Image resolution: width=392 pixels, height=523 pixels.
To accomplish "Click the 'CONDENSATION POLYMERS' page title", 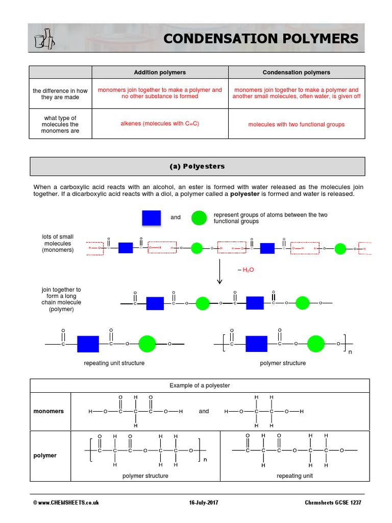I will coord(261,38).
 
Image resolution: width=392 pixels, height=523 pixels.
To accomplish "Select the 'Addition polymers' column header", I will coord(160,73).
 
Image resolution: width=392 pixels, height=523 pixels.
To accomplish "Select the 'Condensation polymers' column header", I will coord(296,73).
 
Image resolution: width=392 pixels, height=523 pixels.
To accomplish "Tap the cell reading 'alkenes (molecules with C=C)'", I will coord(160,124).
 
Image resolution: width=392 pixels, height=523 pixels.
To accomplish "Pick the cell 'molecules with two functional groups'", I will coord(296,124).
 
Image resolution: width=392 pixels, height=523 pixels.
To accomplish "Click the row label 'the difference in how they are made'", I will coord(60,94).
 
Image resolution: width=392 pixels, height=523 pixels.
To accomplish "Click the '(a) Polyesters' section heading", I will coord(197,167).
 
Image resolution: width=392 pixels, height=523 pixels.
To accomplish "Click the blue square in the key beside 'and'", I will coord(151,218).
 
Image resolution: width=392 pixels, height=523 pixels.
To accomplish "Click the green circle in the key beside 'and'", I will coord(199,218).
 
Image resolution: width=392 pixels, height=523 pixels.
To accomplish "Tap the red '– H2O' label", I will coord(246,270).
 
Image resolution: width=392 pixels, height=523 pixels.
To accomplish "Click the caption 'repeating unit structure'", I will coord(114,363).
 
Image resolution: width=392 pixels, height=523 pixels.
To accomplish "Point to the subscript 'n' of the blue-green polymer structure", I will coord(350,352).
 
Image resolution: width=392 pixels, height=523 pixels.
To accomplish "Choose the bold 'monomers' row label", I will coord(48,411).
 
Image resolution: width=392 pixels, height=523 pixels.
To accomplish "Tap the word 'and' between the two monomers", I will coord(204,411).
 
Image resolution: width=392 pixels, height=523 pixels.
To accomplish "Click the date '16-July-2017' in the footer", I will coord(203,503).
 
